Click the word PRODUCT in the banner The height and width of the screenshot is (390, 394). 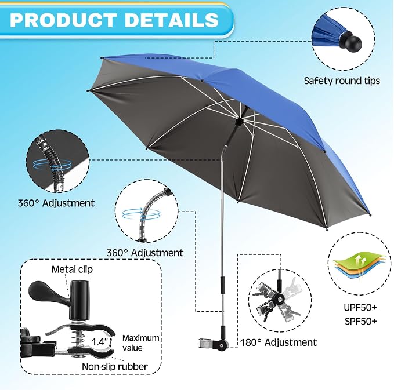(63, 20)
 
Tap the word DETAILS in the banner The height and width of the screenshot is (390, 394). (172, 20)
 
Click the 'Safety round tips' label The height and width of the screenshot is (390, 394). (342, 81)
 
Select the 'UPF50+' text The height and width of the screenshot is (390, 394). (360, 308)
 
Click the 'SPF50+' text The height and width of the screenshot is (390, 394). (360, 321)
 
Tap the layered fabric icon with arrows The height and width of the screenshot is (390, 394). (360, 268)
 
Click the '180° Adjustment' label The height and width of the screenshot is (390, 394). (279, 342)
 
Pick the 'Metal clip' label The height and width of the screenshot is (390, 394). (72, 269)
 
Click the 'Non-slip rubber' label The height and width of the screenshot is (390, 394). (114, 367)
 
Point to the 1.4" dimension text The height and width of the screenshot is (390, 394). (99, 342)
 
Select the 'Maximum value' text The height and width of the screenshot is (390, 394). (140, 343)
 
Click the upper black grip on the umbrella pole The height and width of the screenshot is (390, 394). (223, 285)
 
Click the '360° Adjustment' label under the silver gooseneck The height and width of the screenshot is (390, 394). (145, 253)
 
